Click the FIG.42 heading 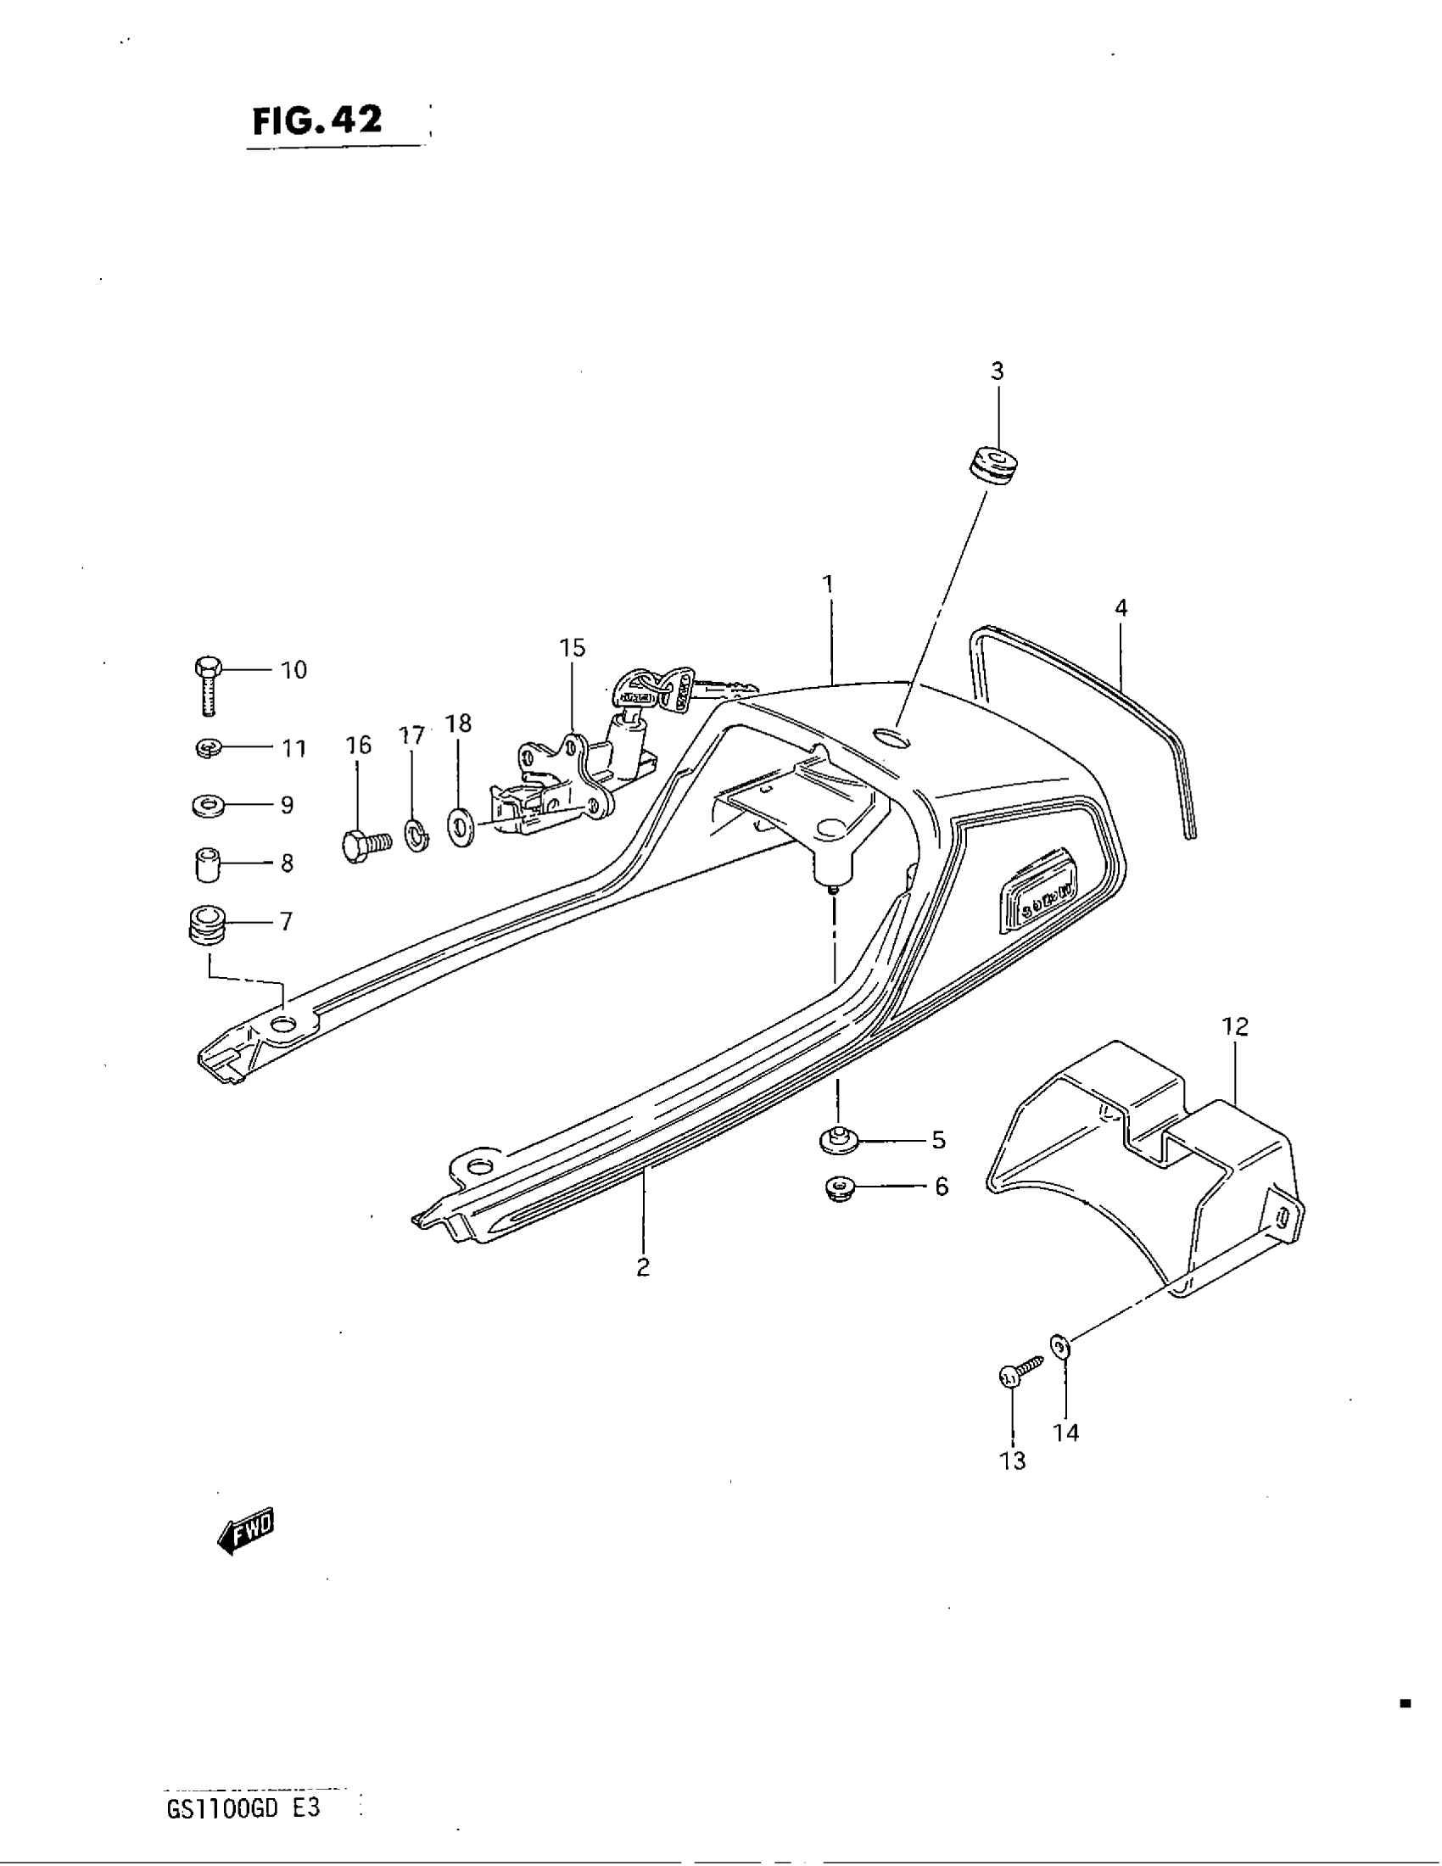pyautogui.click(x=318, y=121)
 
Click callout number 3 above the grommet pyautogui.click(x=997, y=372)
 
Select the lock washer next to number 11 pyautogui.click(x=208, y=748)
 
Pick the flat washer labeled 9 pyautogui.click(x=209, y=805)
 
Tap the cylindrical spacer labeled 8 pyautogui.click(x=205, y=863)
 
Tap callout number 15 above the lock pyautogui.click(x=573, y=648)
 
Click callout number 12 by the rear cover pyautogui.click(x=1235, y=1026)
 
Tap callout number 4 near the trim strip pyautogui.click(x=1121, y=608)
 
